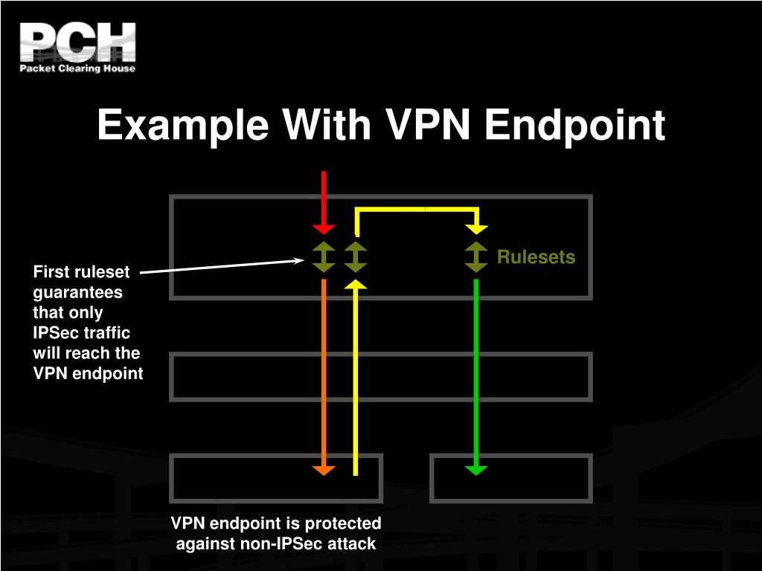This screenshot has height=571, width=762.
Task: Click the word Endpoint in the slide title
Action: point(574,125)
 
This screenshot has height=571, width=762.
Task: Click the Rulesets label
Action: point(536,257)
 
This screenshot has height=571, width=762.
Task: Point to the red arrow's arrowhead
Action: point(324,228)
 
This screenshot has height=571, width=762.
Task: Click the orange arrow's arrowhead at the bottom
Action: point(324,469)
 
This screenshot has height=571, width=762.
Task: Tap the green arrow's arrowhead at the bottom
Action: point(476,469)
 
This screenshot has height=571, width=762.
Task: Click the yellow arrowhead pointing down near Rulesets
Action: point(476,228)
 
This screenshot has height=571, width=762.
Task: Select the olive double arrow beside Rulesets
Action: point(476,257)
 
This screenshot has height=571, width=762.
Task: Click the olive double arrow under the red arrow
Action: point(324,257)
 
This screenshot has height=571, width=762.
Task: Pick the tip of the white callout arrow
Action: point(301,260)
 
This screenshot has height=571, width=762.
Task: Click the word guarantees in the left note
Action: point(77,292)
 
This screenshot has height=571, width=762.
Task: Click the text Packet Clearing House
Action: point(77,68)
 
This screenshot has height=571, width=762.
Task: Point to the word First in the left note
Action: point(51,272)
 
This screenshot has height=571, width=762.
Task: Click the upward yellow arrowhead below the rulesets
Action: point(356,285)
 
